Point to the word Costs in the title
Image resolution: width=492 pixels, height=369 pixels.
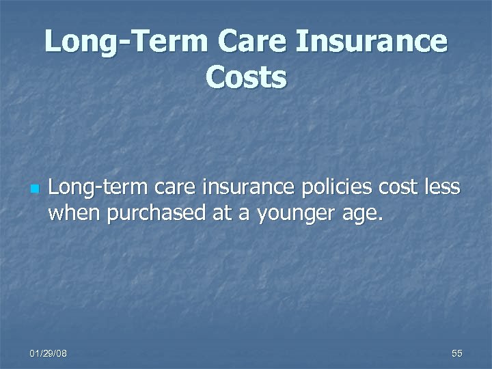[x=246, y=79]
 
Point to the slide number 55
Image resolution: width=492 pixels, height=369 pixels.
[x=457, y=353]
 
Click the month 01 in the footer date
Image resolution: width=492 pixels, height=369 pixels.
[x=34, y=353]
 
